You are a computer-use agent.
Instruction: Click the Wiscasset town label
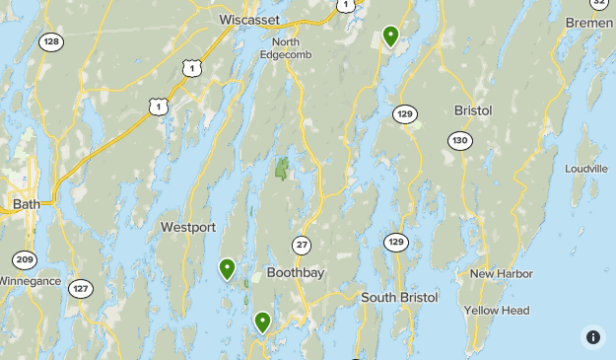click(248, 19)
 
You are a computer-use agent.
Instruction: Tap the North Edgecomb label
click(286, 48)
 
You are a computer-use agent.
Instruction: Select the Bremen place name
click(588, 22)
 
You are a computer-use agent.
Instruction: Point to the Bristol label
click(472, 110)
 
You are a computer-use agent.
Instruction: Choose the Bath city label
click(26, 204)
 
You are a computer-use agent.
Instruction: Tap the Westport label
click(188, 227)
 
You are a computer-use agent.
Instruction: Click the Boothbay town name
click(296, 272)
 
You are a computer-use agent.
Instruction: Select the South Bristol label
click(398, 297)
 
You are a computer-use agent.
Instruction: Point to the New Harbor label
click(501, 273)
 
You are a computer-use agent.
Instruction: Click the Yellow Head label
click(497, 311)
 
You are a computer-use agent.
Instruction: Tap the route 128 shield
click(51, 41)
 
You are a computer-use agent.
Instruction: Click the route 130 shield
click(459, 141)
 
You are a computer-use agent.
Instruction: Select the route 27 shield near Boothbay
click(303, 245)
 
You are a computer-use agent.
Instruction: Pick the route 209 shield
click(25, 260)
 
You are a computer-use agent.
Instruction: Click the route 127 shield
click(81, 289)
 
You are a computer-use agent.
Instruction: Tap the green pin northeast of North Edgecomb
click(391, 36)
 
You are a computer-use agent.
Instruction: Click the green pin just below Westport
click(228, 268)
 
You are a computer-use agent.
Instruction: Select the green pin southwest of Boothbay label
click(262, 322)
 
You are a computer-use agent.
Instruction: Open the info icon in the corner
click(593, 337)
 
